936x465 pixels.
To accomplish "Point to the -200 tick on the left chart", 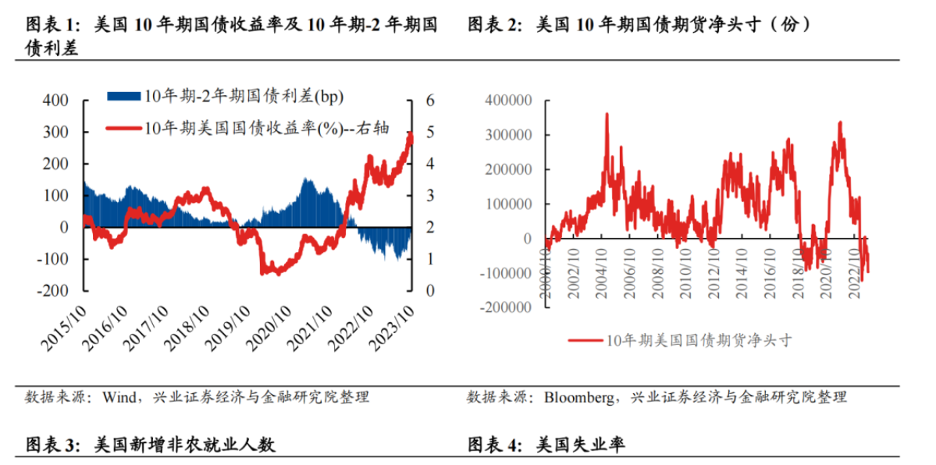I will (55, 290).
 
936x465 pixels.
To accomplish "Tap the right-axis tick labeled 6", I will (429, 101).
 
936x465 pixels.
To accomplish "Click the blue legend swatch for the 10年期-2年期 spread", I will (123, 96).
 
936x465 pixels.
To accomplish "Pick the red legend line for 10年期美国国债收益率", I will (123, 128).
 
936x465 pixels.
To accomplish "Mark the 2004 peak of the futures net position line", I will (607, 114).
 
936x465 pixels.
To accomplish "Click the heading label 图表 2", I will (493, 25).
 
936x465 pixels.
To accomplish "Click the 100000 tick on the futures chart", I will (510, 204).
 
